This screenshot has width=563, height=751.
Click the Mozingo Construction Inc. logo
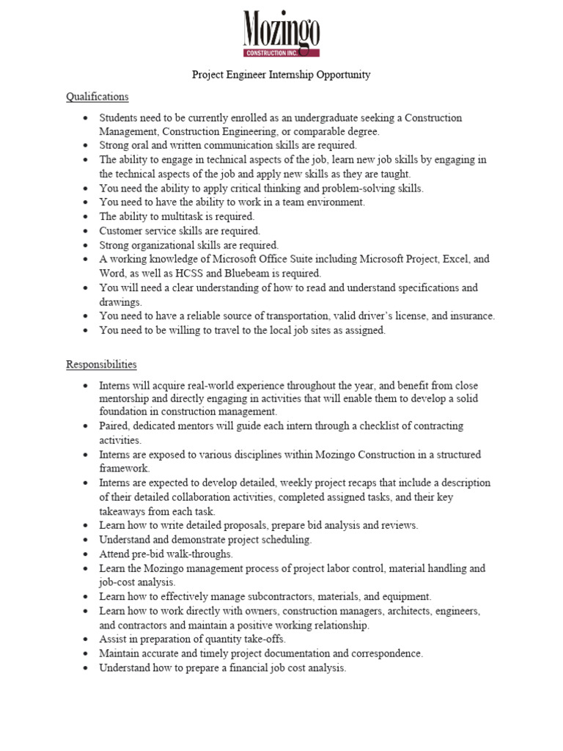coord(281,34)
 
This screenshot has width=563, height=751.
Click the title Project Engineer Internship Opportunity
coord(281,75)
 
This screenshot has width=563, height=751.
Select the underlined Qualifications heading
coord(97,97)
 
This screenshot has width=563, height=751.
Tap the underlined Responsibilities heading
coord(101,364)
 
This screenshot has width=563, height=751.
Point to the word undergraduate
coord(328,118)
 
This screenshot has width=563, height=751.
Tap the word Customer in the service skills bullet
coord(121,231)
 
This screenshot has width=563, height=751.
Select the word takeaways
coord(125,511)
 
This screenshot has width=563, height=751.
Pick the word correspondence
coord(387,653)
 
